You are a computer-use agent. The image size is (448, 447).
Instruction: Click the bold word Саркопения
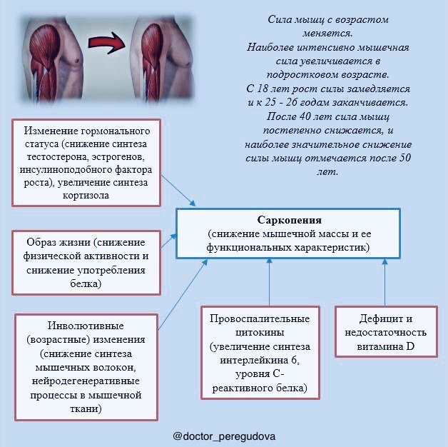pos(289,220)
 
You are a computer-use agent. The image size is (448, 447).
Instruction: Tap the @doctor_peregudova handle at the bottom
pos(224,436)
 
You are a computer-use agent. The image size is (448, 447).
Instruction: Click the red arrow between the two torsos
pos(107,43)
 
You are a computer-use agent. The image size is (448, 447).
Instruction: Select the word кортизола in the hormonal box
pos(86,196)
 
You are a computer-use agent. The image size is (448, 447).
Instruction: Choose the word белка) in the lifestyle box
pos(86,283)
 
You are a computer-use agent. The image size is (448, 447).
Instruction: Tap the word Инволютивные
pos(86,326)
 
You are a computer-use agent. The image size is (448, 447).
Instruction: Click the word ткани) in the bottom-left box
pos(86,408)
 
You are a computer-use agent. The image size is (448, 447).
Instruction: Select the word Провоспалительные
pos(260,318)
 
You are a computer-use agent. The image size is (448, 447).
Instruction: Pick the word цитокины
pos(260,332)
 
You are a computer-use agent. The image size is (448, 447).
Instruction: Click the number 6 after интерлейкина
pos(294,360)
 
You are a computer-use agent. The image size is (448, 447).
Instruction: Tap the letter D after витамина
pos(410,346)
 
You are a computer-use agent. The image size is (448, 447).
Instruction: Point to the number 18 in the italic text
pos(263,89)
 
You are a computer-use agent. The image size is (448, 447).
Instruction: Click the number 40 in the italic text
pos(305,116)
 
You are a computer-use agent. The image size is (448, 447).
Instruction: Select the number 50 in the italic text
pos(405,158)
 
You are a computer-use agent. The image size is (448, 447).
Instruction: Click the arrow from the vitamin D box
pos(385,283)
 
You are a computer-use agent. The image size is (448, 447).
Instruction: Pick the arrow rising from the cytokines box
pos(269,282)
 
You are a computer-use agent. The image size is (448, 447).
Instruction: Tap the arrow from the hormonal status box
pos(179,191)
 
